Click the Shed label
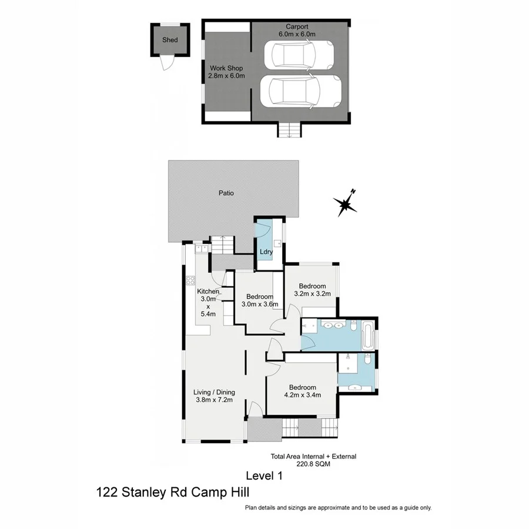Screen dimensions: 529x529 170,40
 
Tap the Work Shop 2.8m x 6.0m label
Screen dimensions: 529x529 226,72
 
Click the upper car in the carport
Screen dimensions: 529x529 298,55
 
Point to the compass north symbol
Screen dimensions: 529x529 345,203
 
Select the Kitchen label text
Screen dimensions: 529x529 208,292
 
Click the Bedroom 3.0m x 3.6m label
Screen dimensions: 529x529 259,300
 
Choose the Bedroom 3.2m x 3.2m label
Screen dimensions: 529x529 312,290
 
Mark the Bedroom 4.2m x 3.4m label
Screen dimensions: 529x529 303,391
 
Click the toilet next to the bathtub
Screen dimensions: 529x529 353,326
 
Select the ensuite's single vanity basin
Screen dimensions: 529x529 355,387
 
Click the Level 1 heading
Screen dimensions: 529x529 263,476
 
